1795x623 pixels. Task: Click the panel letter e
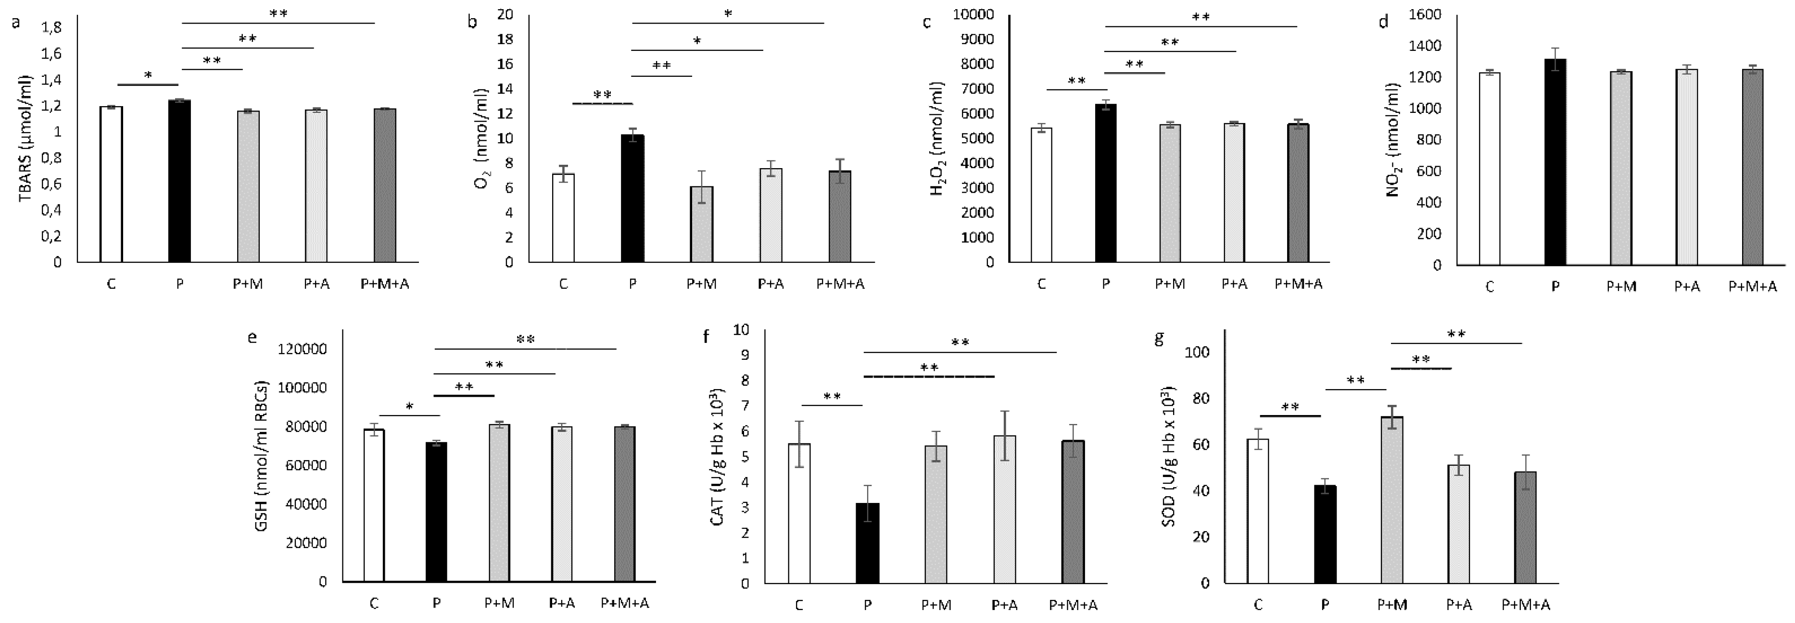(x=252, y=338)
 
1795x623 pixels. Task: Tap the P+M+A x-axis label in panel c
(x=1298, y=284)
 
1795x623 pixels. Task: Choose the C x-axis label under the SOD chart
(x=1258, y=604)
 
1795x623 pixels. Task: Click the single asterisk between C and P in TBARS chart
(x=149, y=75)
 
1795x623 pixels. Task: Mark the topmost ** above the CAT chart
(x=960, y=342)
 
